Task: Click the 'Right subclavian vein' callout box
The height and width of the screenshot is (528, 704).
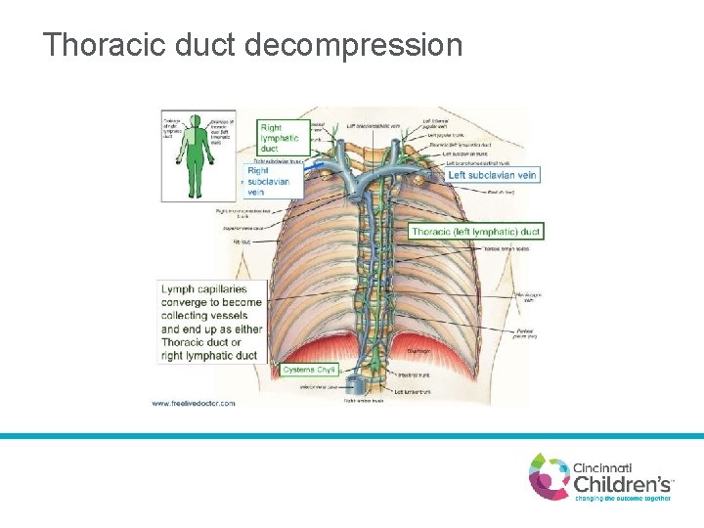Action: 268,181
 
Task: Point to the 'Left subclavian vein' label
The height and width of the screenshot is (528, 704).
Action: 493,175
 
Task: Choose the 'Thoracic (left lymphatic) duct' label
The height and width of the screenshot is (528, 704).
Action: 475,232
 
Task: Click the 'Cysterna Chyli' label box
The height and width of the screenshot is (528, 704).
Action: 309,370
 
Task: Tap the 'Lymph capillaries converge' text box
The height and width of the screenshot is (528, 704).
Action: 211,322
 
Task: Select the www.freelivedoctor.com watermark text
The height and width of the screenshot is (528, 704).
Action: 194,403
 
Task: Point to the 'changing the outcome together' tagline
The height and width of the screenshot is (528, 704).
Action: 622,498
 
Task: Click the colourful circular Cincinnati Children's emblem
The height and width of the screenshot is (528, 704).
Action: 550,476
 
